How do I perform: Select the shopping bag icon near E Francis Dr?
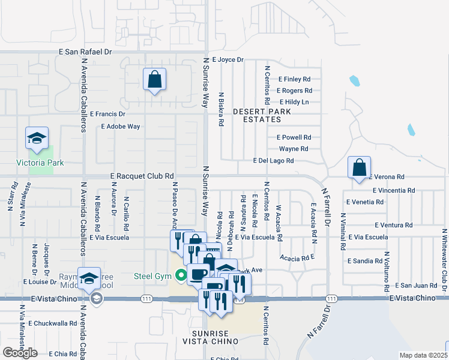coord(154,79)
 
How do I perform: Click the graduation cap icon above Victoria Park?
coord(37,139)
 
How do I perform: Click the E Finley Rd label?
coord(294,79)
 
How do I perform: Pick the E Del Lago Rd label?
coord(273,161)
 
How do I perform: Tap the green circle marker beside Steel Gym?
coord(180,276)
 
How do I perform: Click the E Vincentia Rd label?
coord(393,190)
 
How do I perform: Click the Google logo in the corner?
coord(19,353)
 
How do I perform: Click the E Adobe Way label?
coord(120,127)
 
